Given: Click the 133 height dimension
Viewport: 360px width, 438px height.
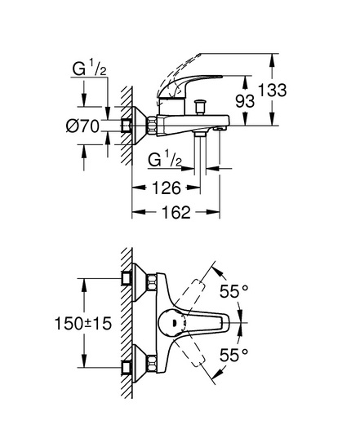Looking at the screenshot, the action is click(273, 90).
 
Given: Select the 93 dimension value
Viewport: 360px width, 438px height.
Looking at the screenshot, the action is click(245, 100).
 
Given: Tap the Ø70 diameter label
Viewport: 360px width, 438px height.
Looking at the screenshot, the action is click(82, 126).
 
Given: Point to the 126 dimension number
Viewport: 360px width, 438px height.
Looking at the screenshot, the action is click(167, 188).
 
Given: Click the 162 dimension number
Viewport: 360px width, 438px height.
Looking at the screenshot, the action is click(176, 212).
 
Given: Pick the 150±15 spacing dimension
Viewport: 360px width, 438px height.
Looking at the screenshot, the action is click(83, 324).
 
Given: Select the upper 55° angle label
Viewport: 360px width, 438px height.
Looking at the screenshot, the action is click(234, 291).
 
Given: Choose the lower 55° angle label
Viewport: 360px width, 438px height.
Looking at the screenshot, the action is click(234, 355).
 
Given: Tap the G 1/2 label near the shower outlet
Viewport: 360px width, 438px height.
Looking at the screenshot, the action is click(165, 159).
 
